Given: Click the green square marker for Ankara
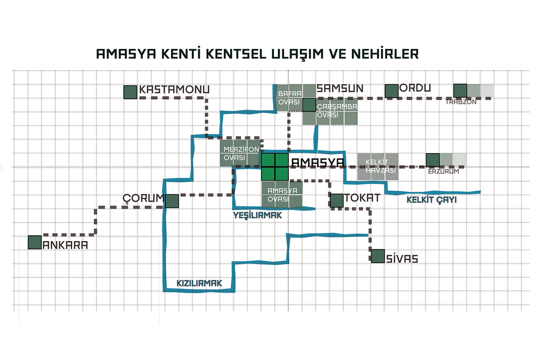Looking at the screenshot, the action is [x=35, y=242].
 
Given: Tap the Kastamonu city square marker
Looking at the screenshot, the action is [x=130, y=92].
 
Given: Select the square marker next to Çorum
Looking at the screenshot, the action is [x=172, y=201].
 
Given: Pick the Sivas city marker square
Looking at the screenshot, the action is [x=378, y=256].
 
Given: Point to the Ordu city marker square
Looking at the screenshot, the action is [x=392, y=91].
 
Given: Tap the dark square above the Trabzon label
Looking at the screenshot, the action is [x=460, y=91].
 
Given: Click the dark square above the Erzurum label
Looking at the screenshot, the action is [x=433, y=160].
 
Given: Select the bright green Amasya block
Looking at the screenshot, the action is [x=275, y=167].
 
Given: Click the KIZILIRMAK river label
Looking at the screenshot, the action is [x=199, y=283].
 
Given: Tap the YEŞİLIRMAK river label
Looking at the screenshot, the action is [x=257, y=216].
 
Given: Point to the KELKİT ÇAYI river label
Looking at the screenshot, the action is [x=432, y=200].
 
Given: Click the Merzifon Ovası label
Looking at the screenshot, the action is [x=241, y=153].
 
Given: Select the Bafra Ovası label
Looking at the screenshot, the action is [x=289, y=98].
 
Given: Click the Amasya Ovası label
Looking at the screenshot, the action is [x=282, y=195].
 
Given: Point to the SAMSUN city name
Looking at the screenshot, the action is [x=340, y=89].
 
